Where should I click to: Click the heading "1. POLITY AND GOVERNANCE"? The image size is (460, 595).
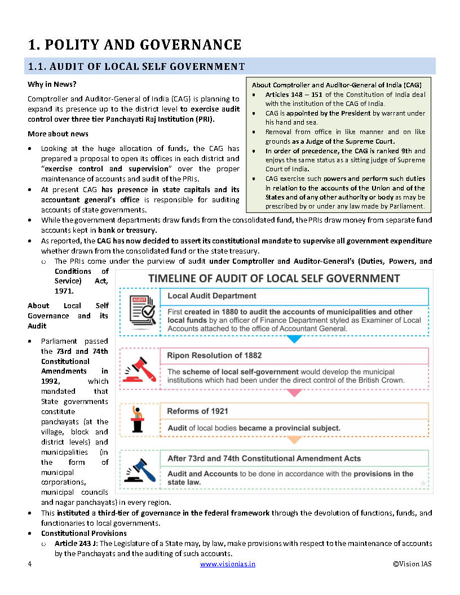click(x=135, y=45)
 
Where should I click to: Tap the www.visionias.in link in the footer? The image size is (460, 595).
click(x=228, y=564)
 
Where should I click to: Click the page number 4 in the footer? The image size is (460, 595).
click(x=29, y=564)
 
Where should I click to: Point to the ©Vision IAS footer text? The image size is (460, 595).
click(x=413, y=564)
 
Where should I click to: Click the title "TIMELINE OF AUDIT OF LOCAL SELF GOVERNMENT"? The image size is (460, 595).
click(x=274, y=278)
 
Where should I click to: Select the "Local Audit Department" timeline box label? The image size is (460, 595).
click(x=212, y=296)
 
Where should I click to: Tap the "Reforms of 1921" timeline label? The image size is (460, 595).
click(x=198, y=411)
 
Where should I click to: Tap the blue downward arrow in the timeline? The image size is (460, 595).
click(x=294, y=339)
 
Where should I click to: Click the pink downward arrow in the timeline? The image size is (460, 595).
click(x=294, y=393)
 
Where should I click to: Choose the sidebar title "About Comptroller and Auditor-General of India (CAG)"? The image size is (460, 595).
click(x=337, y=85)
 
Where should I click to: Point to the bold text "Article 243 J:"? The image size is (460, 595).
click(x=76, y=544)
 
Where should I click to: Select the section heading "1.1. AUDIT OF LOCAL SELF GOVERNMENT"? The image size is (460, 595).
click(x=136, y=66)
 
